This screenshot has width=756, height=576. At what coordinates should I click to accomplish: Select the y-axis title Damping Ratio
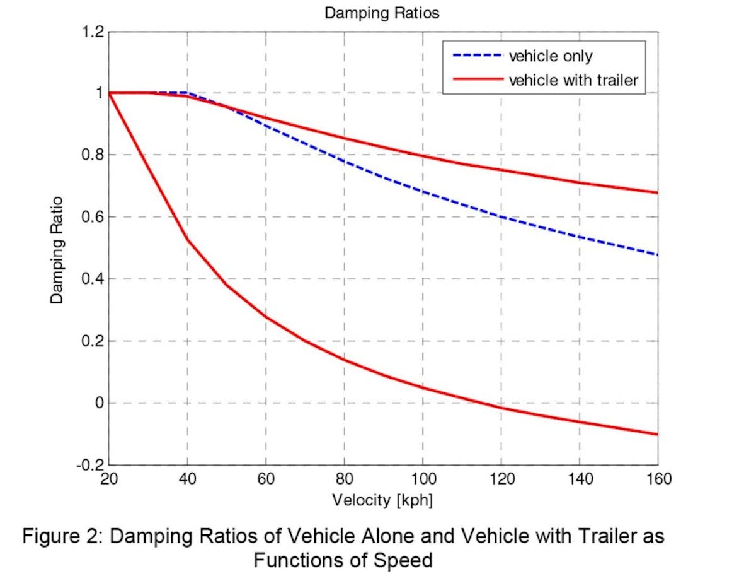pyautogui.click(x=58, y=248)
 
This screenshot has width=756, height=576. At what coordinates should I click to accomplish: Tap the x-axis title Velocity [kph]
pyautogui.click(x=382, y=500)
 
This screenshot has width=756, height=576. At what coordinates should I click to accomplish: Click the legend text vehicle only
pyautogui.click(x=550, y=56)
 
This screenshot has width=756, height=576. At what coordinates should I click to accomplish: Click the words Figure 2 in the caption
pyautogui.click(x=60, y=538)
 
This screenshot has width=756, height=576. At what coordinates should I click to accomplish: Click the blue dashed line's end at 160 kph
pyautogui.click(x=657, y=255)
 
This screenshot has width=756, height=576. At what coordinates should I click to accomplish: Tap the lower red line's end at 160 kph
pyautogui.click(x=657, y=434)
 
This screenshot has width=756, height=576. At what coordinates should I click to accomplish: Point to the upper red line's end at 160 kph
pyautogui.click(x=657, y=192)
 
